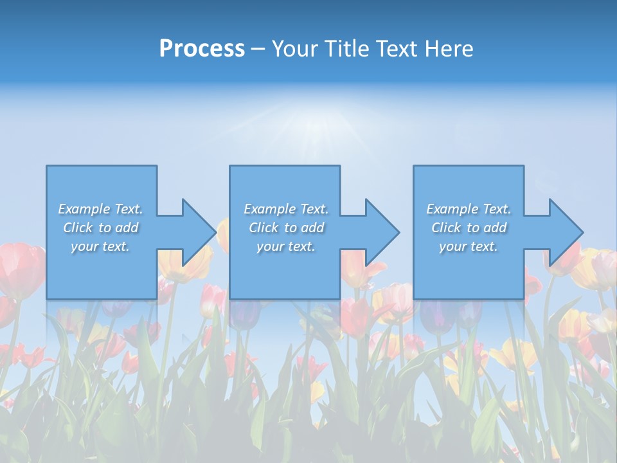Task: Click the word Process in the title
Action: coord(202,49)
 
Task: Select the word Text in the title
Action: coord(395,49)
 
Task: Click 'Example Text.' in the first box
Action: coord(100,209)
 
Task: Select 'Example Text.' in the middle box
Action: coord(286,209)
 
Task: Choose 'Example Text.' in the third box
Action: coord(469,209)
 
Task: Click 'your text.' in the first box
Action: coord(100,246)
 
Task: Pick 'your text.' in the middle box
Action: coord(286,246)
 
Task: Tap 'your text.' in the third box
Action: coord(469,246)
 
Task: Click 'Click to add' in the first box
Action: coord(100,228)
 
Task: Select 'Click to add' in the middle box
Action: coord(286,228)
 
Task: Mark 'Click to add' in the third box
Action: coord(469,228)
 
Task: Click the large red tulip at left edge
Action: coord(21,270)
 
